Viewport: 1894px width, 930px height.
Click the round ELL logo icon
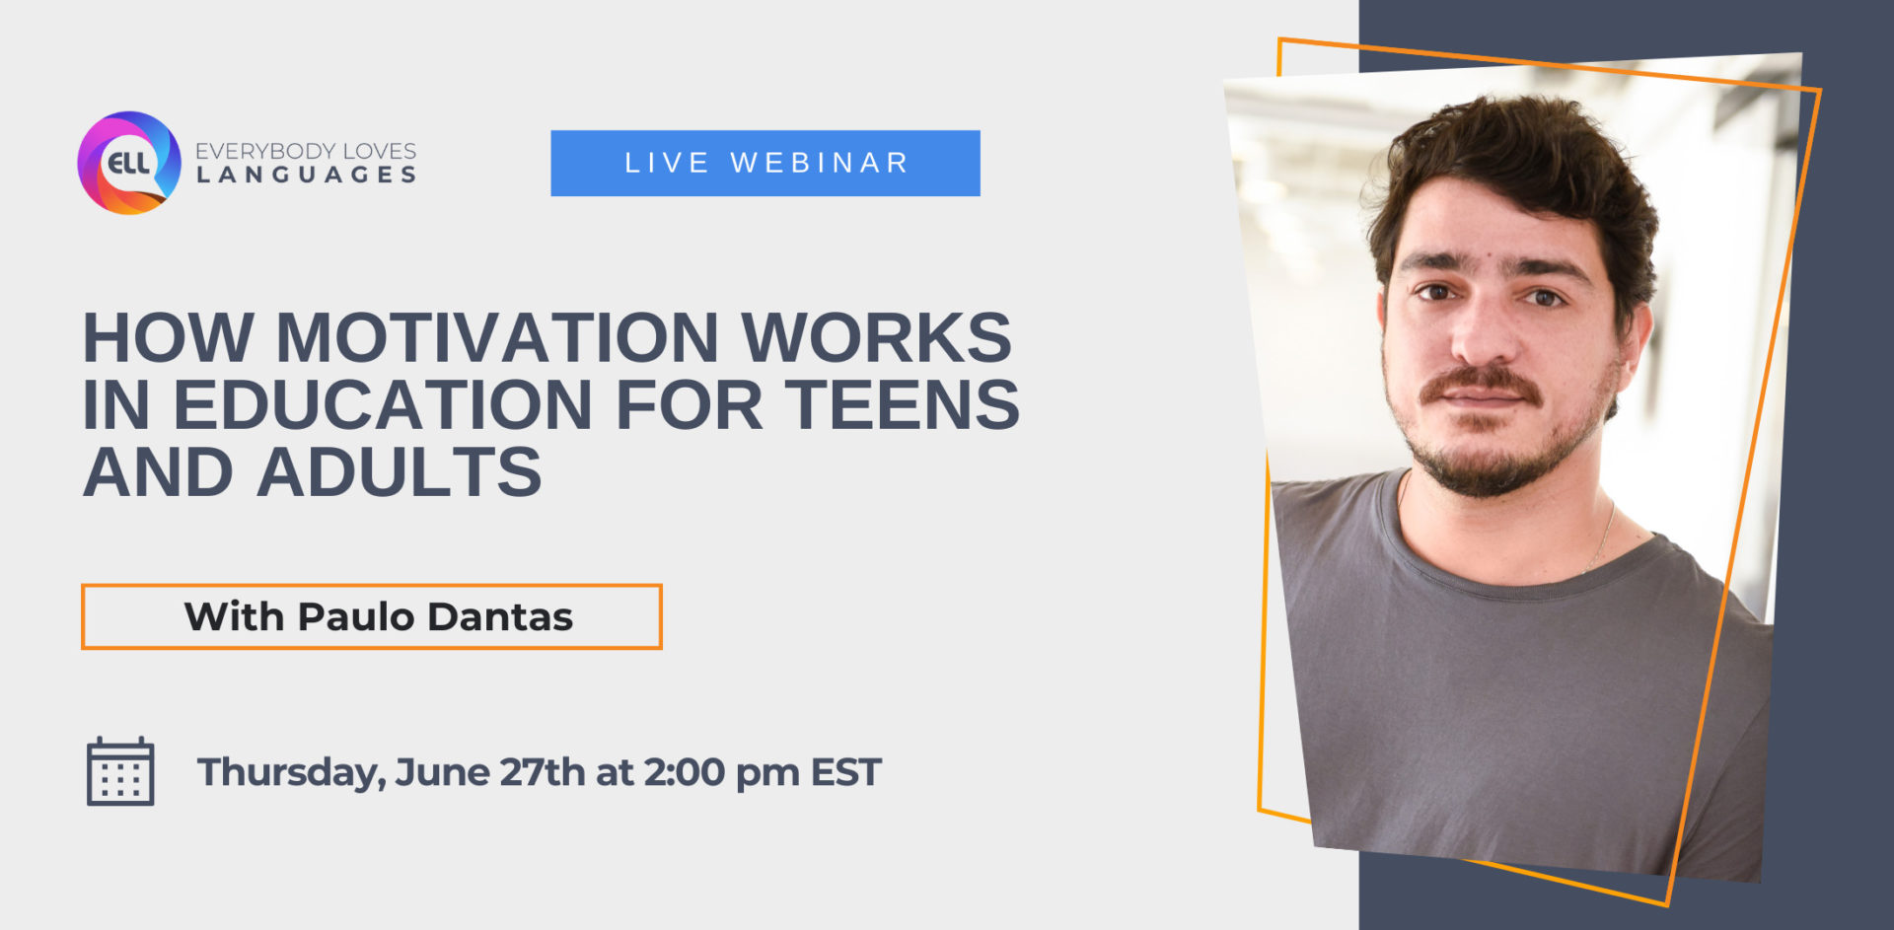[129, 163]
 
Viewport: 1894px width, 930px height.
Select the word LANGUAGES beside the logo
[307, 176]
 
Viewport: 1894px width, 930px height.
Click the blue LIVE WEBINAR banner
[765, 163]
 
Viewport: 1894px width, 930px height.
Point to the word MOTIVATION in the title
[497, 338]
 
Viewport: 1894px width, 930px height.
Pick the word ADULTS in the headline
[400, 472]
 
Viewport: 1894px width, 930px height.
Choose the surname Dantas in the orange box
[500, 617]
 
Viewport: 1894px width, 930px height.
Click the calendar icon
[120, 771]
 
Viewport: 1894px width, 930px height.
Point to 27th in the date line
[543, 772]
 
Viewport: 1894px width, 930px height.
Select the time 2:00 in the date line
[685, 772]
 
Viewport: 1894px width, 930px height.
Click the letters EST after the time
[846, 772]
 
